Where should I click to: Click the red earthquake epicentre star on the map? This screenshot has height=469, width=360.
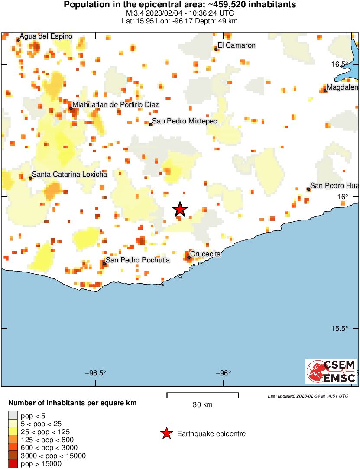(180, 210)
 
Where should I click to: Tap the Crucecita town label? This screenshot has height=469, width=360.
(205, 254)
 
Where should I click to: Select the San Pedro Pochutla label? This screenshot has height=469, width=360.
(138, 260)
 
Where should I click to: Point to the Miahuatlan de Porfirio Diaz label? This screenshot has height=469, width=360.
(116, 104)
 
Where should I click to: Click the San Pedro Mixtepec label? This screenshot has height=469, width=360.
(185, 121)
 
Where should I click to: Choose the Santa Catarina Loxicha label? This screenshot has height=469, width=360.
(69, 174)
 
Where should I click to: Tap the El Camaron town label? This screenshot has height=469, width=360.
(237, 45)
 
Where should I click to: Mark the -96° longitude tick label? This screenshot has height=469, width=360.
(224, 373)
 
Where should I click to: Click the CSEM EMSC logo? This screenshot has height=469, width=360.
(331, 371)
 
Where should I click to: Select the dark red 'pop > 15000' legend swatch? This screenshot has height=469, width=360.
(13, 464)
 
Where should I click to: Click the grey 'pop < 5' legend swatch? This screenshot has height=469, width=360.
(13, 416)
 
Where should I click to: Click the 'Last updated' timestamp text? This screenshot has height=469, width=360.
(308, 396)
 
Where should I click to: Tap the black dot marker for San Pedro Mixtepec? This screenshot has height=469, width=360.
(151, 125)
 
